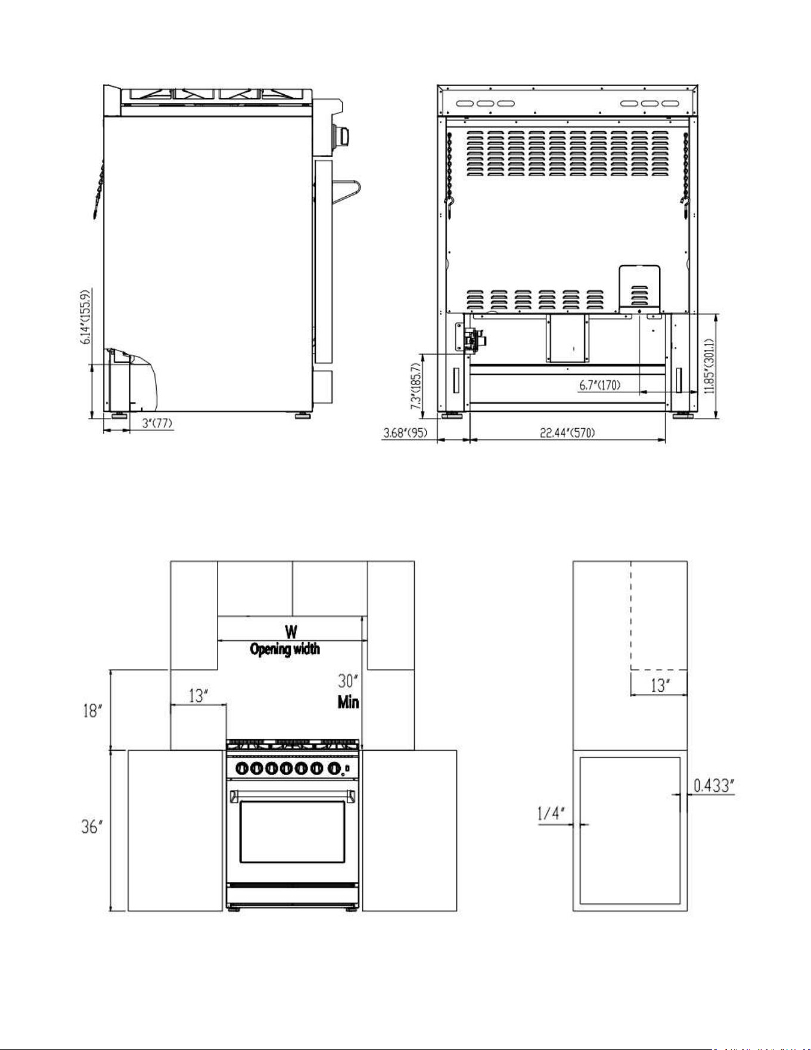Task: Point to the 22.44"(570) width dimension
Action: (567, 433)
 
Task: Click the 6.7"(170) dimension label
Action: (600, 386)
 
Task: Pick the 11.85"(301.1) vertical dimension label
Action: (709, 367)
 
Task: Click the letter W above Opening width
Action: (291, 631)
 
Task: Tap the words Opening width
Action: (285, 649)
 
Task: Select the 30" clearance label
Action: (348, 681)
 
